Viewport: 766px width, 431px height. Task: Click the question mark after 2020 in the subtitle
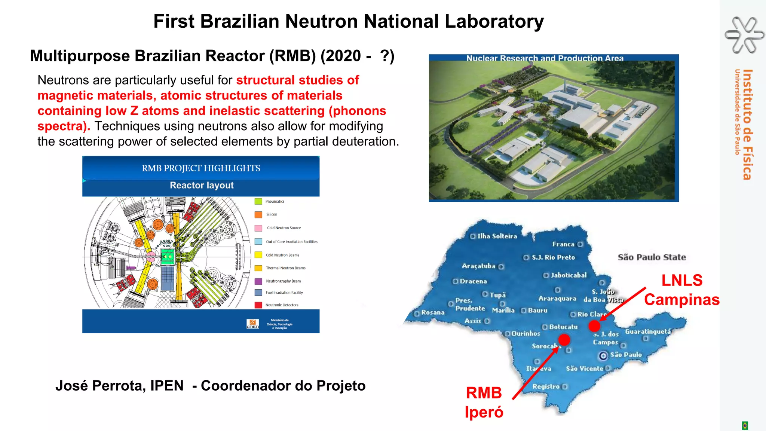coord(385,56)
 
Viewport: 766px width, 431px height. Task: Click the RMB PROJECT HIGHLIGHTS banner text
coord(201,168)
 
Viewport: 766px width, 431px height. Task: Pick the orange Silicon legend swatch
coord(258,215)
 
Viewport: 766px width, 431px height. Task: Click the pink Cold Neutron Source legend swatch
coord(258,228)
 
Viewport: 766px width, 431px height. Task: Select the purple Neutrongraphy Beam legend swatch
coord(258,281)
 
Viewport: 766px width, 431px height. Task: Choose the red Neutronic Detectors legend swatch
coord(258,305)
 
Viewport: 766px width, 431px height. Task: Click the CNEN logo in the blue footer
coord(252,324)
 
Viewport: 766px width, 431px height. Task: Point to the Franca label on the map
coord(563,244)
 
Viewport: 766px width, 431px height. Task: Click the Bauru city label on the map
coord(537,311)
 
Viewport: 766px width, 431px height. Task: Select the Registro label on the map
coord(546,386)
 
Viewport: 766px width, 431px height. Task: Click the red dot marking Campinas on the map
coord(594,326)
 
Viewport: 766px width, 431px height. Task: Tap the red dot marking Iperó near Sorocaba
coord(564,340)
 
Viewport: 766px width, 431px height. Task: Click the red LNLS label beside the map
coord(682,281)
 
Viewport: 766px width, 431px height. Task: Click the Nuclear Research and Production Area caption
coord(545,58)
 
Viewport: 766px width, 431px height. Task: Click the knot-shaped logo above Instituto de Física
coord(744,35)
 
